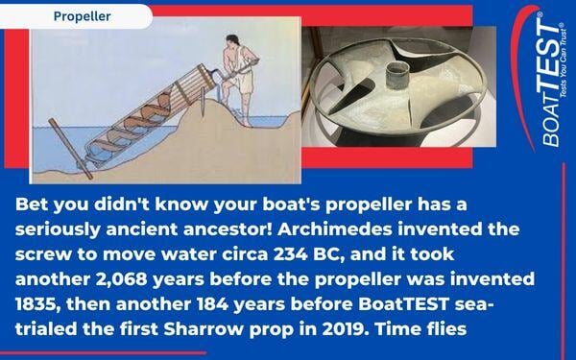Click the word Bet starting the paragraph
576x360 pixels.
coord(35,206)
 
